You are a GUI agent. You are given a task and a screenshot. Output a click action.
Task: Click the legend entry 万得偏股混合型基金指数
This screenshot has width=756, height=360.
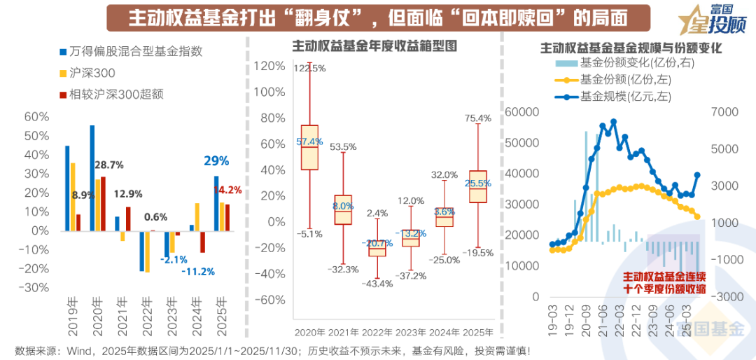tap(136, 51)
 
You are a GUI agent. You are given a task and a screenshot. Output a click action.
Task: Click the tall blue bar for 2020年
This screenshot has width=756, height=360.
tap(92, 178)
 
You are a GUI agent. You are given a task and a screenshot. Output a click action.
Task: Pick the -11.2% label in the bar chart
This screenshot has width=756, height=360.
tap(197, 272)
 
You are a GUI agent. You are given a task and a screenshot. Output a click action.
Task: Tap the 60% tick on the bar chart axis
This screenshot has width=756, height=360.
tap(36, 117)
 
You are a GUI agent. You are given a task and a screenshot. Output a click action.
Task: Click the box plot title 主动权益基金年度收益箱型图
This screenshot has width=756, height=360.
tap(374, 47)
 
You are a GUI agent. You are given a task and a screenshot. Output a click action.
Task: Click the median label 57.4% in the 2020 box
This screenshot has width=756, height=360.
tap(309, 141)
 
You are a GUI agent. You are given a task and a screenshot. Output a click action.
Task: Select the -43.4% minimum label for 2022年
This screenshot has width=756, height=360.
tap(379, 283)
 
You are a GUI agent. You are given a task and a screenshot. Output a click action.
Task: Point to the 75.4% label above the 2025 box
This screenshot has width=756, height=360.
tap(478, 119)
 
